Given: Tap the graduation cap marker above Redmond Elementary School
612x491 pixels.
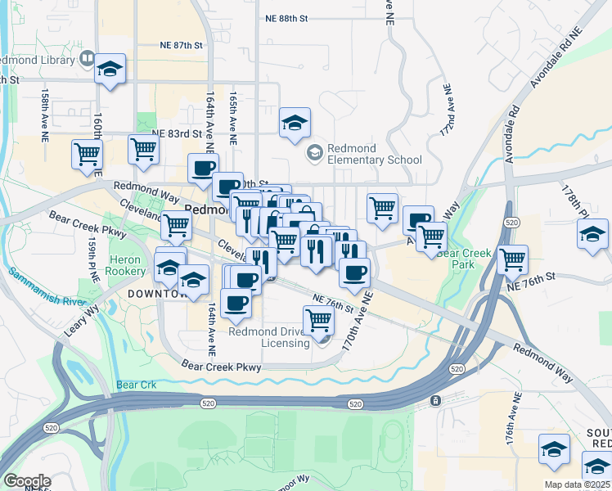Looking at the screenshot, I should (295, 124).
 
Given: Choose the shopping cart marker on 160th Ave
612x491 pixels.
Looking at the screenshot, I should (87, 154).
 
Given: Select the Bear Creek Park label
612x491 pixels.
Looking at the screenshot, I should (464, 259).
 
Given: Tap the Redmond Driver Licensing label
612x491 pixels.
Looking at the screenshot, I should (269, 337).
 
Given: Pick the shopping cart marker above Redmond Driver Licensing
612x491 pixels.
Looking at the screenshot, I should (317, 322).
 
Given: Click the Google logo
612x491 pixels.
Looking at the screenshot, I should (26, 480).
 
